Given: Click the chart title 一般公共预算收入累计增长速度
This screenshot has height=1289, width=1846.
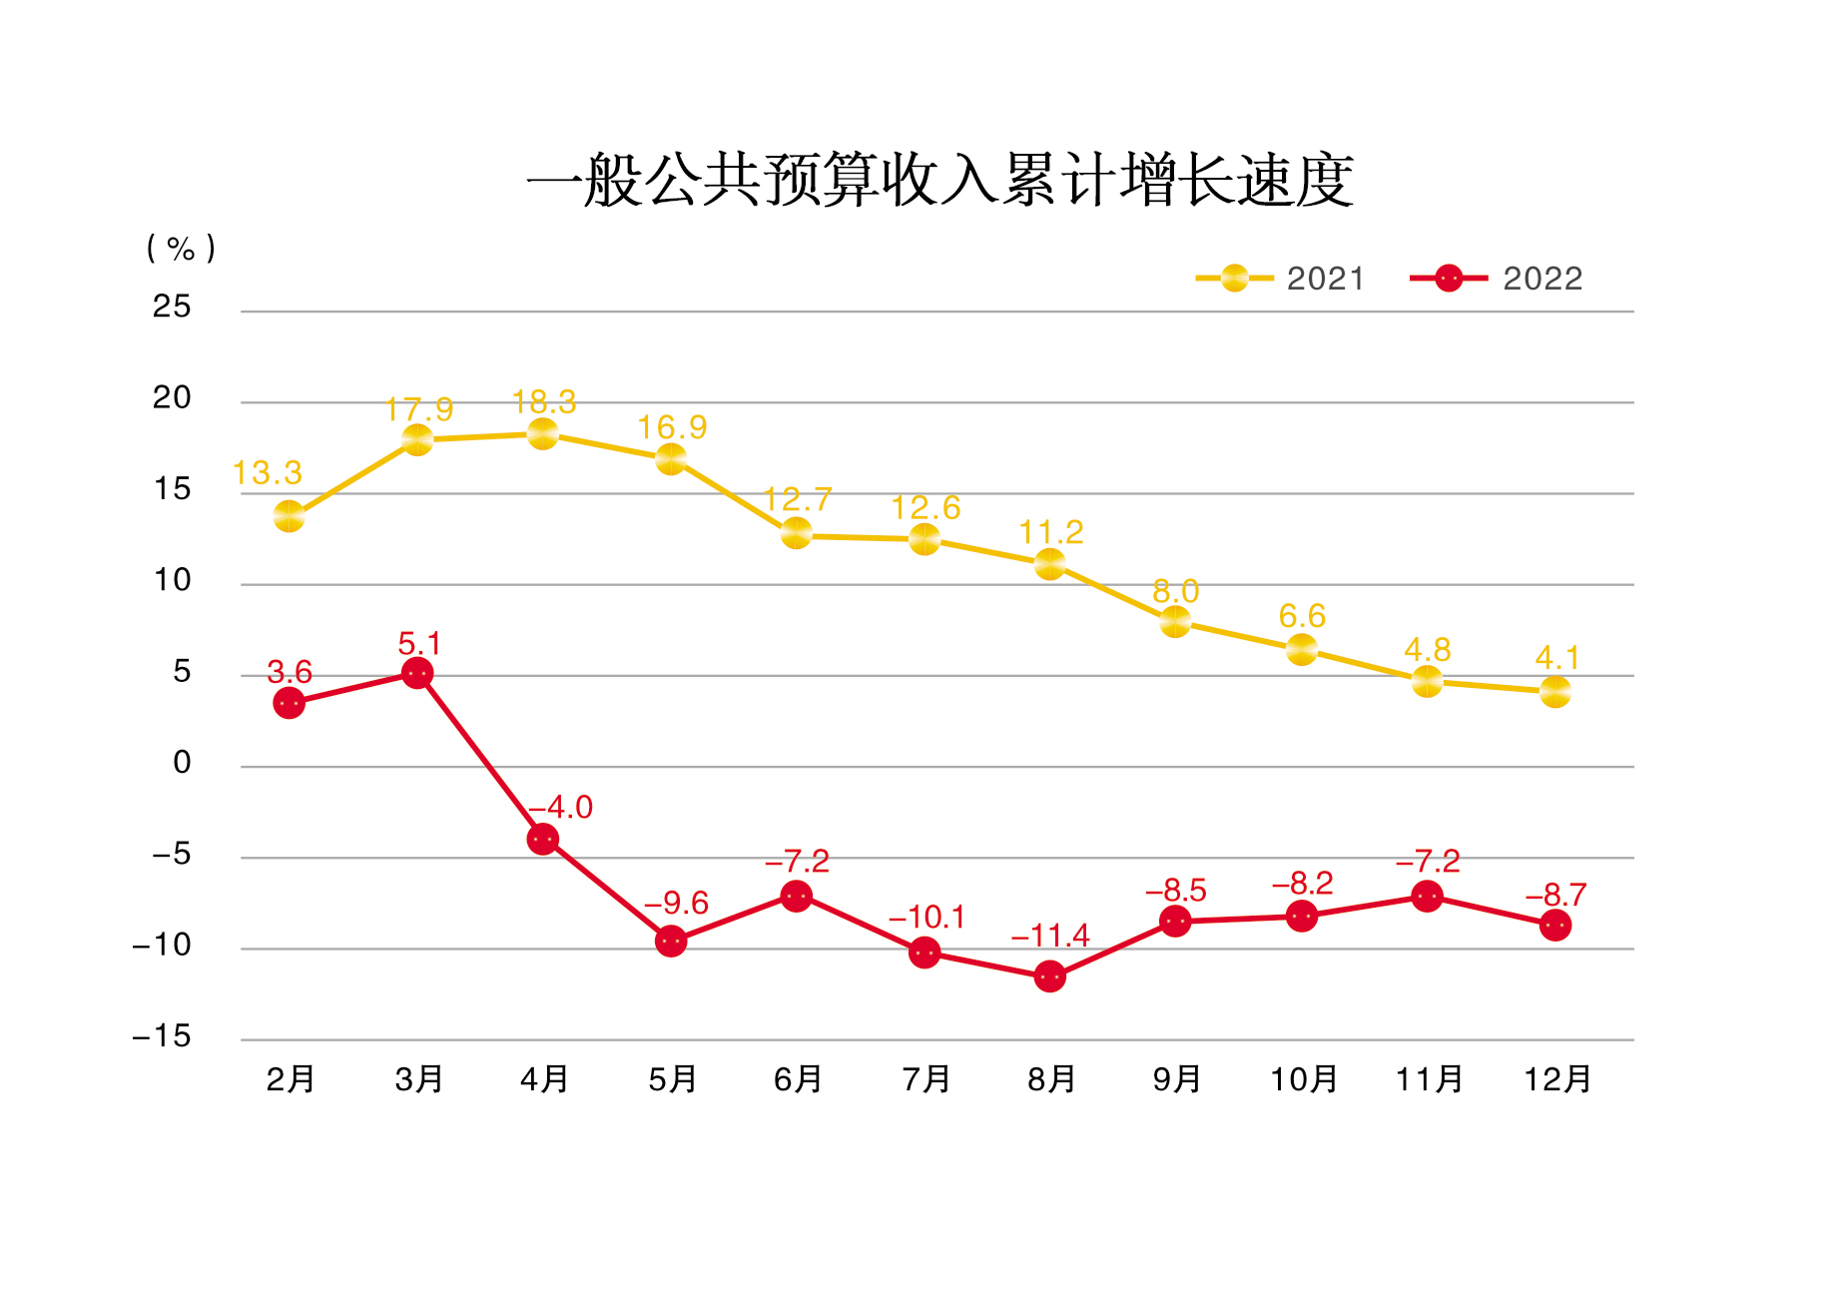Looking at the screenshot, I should click(x=939, y=182).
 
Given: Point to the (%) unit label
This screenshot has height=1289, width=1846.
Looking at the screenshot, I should click(x=181, y=249).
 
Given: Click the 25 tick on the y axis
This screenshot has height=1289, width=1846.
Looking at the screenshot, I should click(x=172, y=307).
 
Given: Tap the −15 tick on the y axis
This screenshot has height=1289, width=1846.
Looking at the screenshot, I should click(x=162, y=1036).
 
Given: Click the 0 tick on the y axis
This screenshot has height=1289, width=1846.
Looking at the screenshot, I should click(x=182, y=763).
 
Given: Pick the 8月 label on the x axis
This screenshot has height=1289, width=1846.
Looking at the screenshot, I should click(x=1051, y=1079).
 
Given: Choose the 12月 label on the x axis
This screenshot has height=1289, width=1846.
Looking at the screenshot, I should click(x=1556, y=1079).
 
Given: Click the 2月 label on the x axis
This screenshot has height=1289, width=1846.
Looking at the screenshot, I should click(x=291, y=1079).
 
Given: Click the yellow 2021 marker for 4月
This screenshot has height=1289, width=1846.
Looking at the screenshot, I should click(x=542, y=434).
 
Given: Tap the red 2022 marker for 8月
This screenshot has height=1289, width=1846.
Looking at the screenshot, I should click(x=1049, y=976).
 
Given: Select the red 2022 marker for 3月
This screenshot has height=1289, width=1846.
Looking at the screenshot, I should click(x=417, y=674).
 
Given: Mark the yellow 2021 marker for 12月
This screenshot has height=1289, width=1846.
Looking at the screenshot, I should click(x=1554, y=691).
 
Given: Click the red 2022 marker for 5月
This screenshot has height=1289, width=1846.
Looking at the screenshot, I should click(x=671, y=941).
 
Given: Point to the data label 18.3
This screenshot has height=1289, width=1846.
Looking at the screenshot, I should click(x=544, y=402).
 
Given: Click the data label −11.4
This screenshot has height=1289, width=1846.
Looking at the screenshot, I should click(x=1050, y=937).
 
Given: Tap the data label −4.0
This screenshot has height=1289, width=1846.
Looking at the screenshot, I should click(x=560, y=807).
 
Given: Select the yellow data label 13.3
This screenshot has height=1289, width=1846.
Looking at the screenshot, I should click(x=268, y=473).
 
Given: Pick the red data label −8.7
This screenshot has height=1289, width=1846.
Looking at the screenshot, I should click(x=1555, y=895).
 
